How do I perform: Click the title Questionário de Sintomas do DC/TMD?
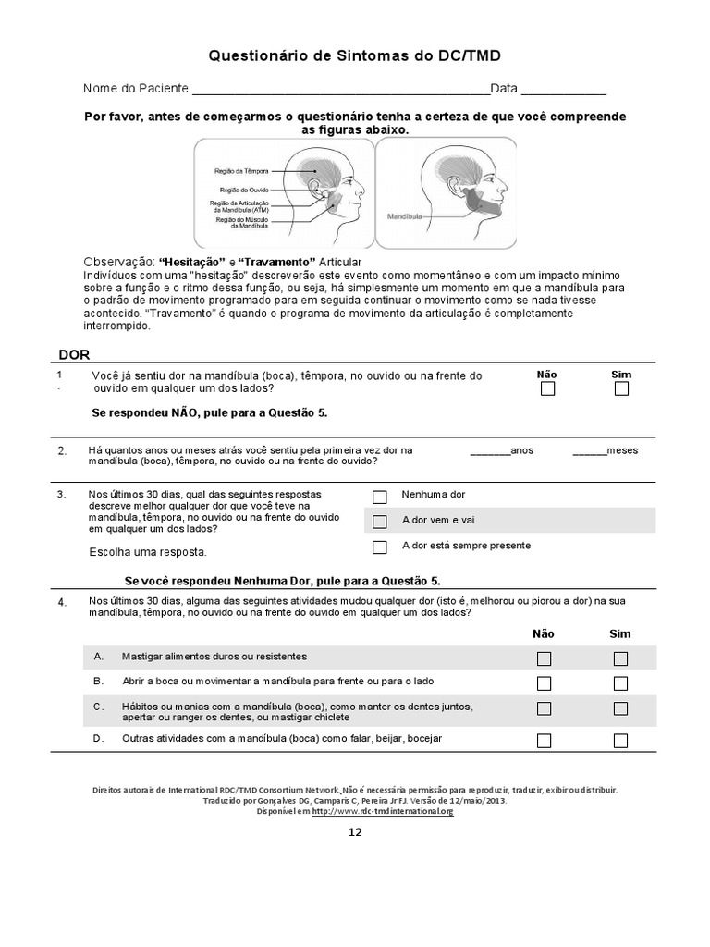[355, 56]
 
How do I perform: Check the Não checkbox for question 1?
[547, 389]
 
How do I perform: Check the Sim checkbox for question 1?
[621, 389]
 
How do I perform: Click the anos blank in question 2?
[490, 452]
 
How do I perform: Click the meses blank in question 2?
[589, 452]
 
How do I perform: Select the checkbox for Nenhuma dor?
[379, 496]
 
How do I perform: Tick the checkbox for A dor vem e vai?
[379, 522]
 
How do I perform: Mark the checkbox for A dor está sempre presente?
[379, 547]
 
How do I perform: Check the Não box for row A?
[545, 658]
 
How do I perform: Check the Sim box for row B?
[620, 683]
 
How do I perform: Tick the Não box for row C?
[545, 708]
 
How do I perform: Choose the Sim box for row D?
[620, 740]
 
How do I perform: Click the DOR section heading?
[74, 354]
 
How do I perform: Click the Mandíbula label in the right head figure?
[405, 214]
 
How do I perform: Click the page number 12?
[355, 831]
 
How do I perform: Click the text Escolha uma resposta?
[148, 552]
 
